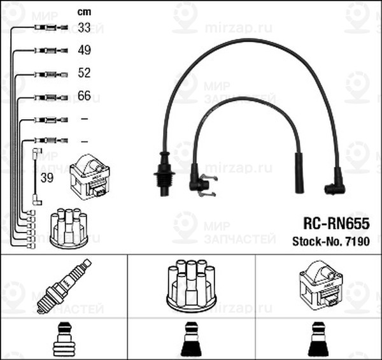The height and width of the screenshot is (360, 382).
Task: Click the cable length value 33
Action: pyautogui.click(x=84, y=27)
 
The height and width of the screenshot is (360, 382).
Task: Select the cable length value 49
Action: pyautogui.click(x=84, y=50)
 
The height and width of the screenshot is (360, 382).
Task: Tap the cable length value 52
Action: pyautogui.click(x=84, y=73)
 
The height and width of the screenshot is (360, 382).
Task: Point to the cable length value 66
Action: pyautogui.click(x=84, y=96)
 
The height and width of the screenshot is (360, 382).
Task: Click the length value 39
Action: pyautogui.click(x=46, y=178)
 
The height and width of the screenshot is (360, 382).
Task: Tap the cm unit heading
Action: pyautogui.click(x=83, y=11)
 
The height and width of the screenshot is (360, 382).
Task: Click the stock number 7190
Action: pyautogui.click(x=357, y=241)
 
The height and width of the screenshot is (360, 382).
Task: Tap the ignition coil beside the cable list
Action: pyautogui.click(x=90, y=176)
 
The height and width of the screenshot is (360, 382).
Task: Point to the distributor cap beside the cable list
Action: pyautogui.click(x=68, y=227)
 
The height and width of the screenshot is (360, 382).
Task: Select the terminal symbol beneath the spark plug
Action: pyautogui.click(x=63, y=340)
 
